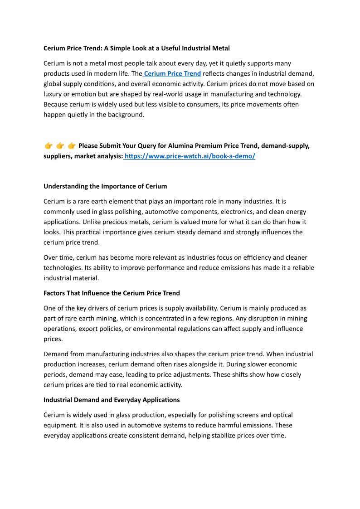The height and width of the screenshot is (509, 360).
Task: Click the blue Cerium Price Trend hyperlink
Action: click(x=172, y=73)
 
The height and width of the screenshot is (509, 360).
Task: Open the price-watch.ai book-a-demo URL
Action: click(x=190, y=156)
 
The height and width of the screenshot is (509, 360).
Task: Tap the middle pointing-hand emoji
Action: click(x=60, y=146)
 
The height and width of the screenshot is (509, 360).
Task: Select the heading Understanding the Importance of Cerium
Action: click(x=105, y=186)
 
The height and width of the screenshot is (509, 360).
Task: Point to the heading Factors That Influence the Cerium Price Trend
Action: click(x=112, y=293)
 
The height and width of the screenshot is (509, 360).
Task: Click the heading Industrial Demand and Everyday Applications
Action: click(x=112, y=400)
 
